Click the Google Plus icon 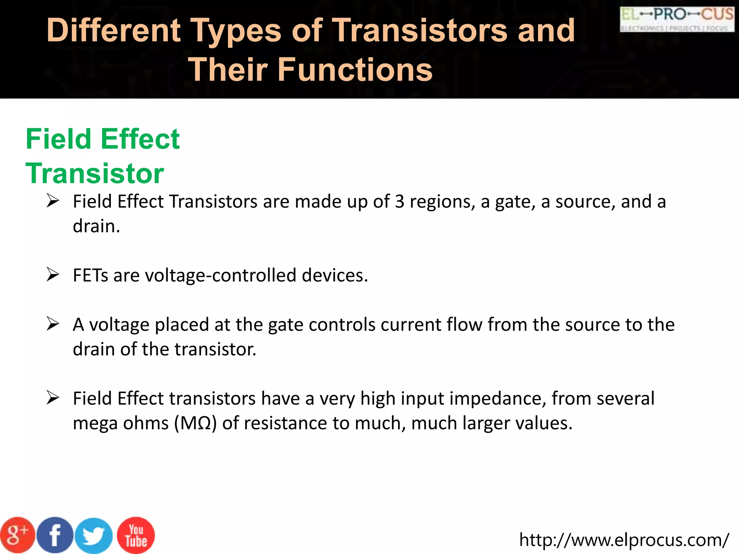[x=17, y=535]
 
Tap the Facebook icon [x=55, y=535]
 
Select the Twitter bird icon [x=94, y=536]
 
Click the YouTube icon [x=136, y=536]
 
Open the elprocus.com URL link [x=624, y=540]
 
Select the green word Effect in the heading [x=140, y=139]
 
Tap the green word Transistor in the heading [x=95, y=173]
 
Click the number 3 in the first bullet [x=399, y=201]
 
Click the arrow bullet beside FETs [x=53, y=275]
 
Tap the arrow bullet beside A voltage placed [x=53, y=324]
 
